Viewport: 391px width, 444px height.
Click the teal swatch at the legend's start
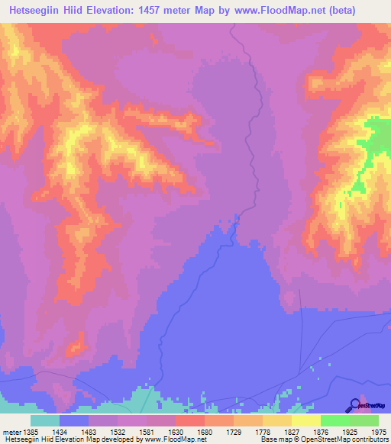45,420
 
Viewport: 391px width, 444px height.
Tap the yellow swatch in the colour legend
305,420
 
